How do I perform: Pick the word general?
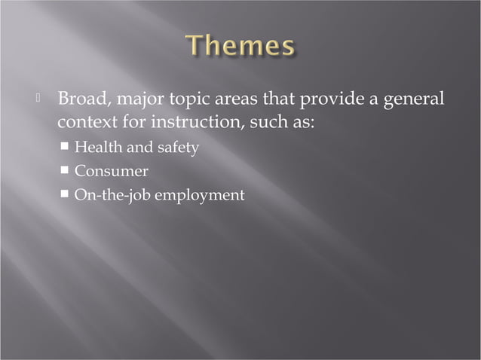[414, 101]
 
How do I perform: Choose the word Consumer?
[111, 172]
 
